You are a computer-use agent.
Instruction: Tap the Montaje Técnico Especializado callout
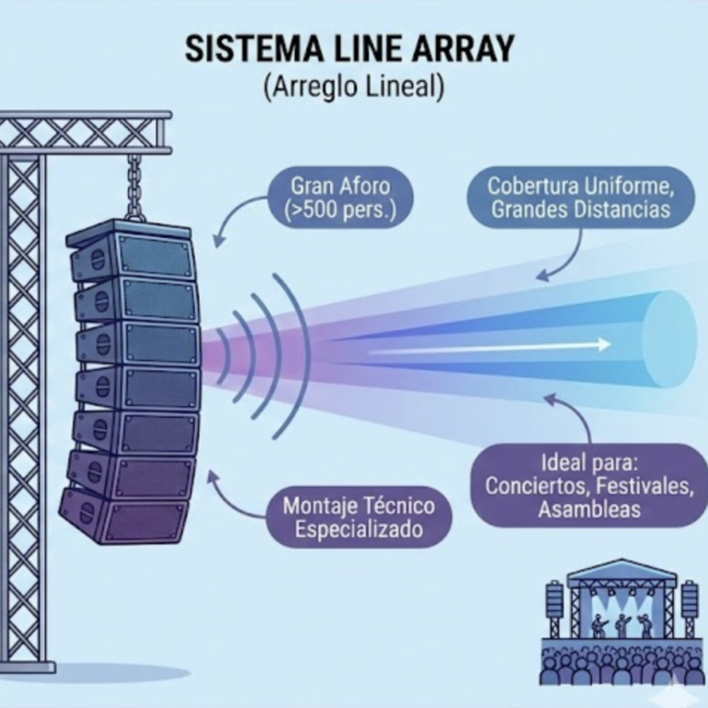[358, 517]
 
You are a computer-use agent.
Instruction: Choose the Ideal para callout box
[589, 484]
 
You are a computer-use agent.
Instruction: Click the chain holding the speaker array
[136, 188]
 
